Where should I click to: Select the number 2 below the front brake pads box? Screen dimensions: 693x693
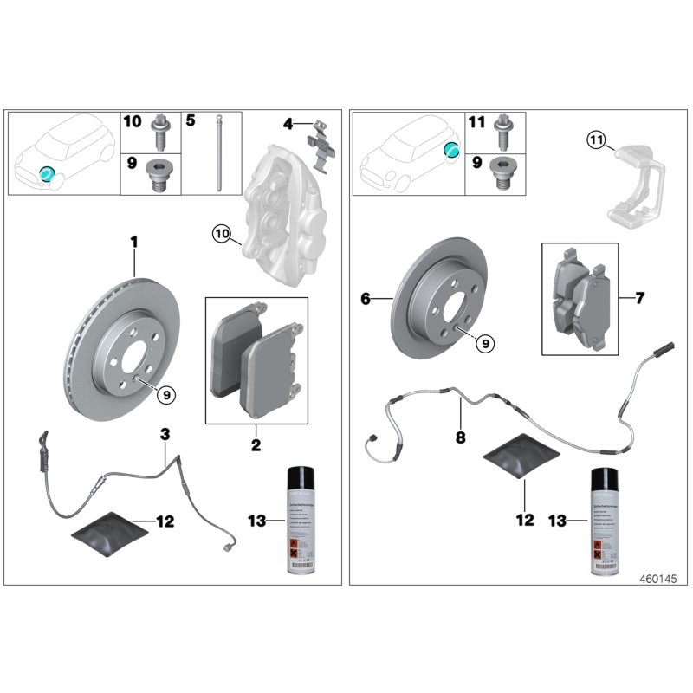click(x=256, y=445)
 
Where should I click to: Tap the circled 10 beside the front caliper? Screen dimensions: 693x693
click(x=221, y=232)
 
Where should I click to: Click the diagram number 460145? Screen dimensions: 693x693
click(x=658, y=578)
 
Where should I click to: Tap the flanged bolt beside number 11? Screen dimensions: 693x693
click(x=500, y=131)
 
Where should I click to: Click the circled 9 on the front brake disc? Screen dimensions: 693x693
click(x=166, y=394)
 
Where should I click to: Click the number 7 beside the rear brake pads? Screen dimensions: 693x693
click(x=639, y=299)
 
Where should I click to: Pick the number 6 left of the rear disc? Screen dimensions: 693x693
click(x=365, y=299)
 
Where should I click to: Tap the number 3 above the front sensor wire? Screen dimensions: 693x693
click(x=165, y=432)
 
